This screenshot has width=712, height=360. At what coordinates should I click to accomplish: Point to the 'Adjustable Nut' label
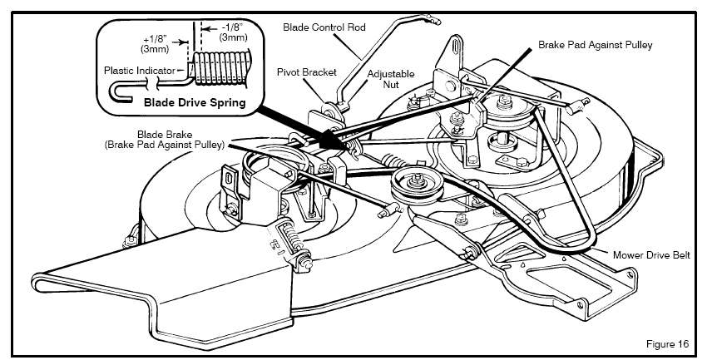[385, 79]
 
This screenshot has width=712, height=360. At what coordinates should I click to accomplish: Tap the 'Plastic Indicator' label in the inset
[140, 71]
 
